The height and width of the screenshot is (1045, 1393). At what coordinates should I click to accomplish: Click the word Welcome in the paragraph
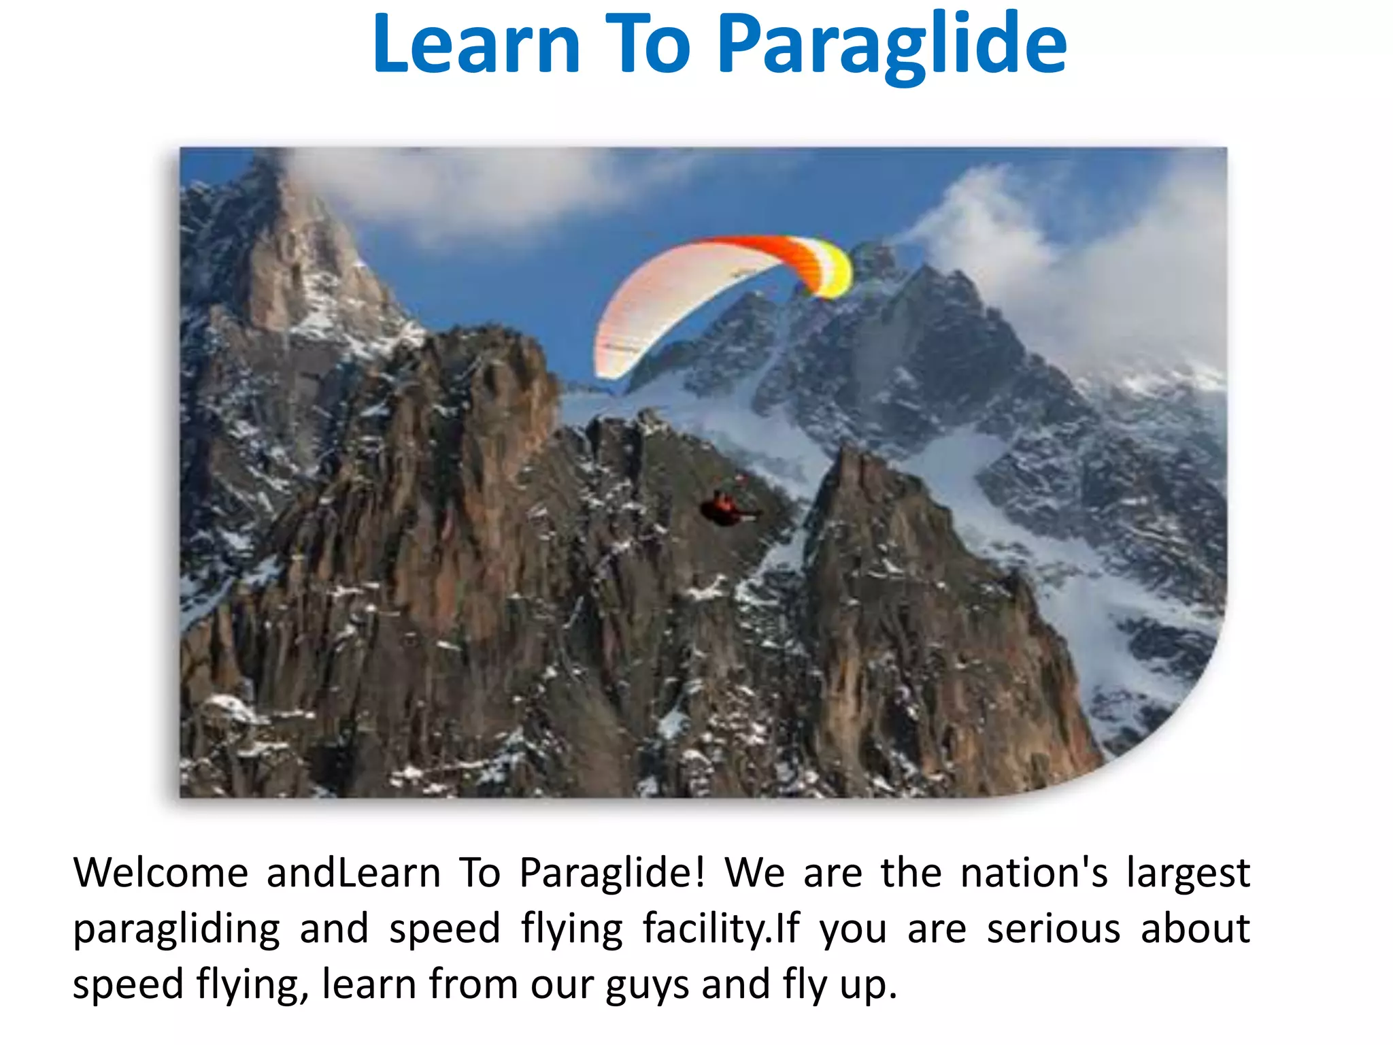161,873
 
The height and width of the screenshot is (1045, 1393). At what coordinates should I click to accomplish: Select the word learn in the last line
367,984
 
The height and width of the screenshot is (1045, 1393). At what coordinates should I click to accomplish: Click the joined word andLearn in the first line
353,873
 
